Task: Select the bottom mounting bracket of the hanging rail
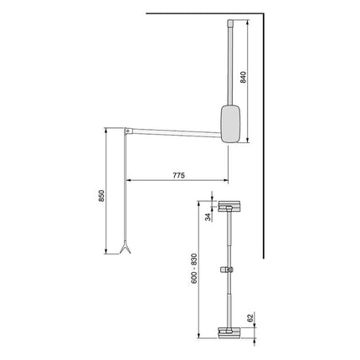[227, 332]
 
